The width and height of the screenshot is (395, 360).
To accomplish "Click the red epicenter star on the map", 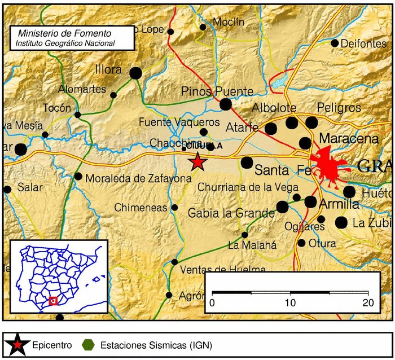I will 197,162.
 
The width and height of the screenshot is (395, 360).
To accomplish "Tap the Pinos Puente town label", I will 217,91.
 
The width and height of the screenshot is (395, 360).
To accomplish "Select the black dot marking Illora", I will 135,73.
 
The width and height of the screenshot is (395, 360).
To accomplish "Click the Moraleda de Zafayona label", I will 139,178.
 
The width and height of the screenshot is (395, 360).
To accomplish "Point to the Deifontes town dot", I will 335,43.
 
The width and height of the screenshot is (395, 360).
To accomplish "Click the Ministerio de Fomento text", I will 65,33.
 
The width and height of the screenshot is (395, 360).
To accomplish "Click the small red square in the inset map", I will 53,301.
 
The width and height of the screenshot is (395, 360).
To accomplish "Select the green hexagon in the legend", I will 87,344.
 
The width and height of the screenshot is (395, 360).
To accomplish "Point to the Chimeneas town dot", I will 174,208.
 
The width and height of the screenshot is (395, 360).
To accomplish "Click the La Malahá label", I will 251,244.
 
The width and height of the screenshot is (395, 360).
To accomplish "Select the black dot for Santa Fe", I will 247,163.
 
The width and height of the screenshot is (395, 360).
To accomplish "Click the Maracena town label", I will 348,138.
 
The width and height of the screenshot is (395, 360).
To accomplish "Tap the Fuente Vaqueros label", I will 179,122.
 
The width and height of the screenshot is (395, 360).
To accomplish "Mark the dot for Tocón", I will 78,115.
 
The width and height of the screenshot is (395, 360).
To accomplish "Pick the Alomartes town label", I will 82,89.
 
